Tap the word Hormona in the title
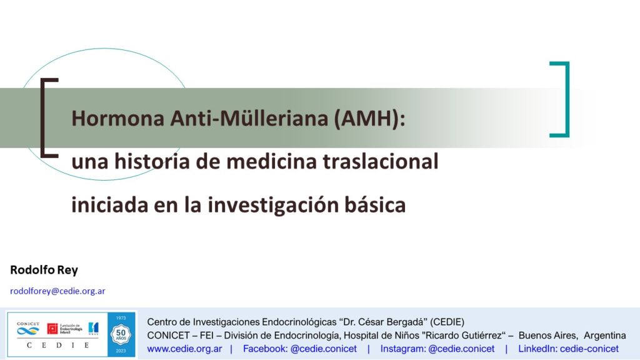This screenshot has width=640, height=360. point(118,119)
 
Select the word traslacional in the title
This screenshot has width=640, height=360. point(381,161)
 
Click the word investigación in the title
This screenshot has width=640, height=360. point(273,205)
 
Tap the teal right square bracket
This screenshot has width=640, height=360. point(566,99)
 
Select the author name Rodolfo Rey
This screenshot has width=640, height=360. point(44,270)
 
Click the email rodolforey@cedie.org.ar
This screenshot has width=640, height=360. point(57,291)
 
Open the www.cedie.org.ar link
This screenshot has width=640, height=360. point(184,349)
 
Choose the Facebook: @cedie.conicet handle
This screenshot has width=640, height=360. point(299,349)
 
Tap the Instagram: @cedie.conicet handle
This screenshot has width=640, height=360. point(437,349)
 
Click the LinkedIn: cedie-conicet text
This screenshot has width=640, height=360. point(568,349)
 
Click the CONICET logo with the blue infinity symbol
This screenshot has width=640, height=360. point(27,328)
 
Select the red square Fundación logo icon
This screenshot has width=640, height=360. point(52,329)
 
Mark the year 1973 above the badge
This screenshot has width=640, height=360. point(121,318)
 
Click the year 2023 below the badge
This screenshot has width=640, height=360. point(121,351)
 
